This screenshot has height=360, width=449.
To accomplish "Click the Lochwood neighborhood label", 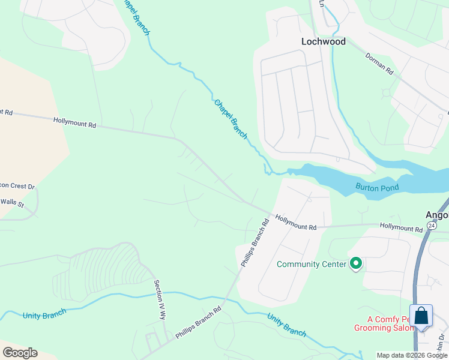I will (x=323, y=41).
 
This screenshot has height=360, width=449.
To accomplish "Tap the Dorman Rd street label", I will (x=379, y=63).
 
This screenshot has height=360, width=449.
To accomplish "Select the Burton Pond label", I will (x=377, y=187).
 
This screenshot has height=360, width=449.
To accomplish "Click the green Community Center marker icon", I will (x=356, y=263).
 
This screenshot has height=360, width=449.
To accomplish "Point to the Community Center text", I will (x=311, y=264).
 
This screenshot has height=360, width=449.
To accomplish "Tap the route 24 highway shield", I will (x=432, y=225).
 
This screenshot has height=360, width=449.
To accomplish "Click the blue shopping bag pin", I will (x=421, y=316).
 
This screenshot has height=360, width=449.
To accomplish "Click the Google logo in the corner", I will (x=20, y=353).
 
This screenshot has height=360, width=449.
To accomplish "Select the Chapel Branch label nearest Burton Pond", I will (x=231, y=119).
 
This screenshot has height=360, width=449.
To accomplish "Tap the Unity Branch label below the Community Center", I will (x=286, y=325).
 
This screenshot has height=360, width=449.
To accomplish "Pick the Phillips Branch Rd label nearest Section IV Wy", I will (x=198, y=323).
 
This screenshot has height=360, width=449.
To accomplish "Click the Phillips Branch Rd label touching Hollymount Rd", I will (x=255, y=242).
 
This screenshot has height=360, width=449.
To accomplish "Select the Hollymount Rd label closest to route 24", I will (x=401, y=229).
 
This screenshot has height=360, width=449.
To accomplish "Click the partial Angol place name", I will (x=436, y=214).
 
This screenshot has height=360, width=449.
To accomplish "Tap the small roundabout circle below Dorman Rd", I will (x=385, y=93).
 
